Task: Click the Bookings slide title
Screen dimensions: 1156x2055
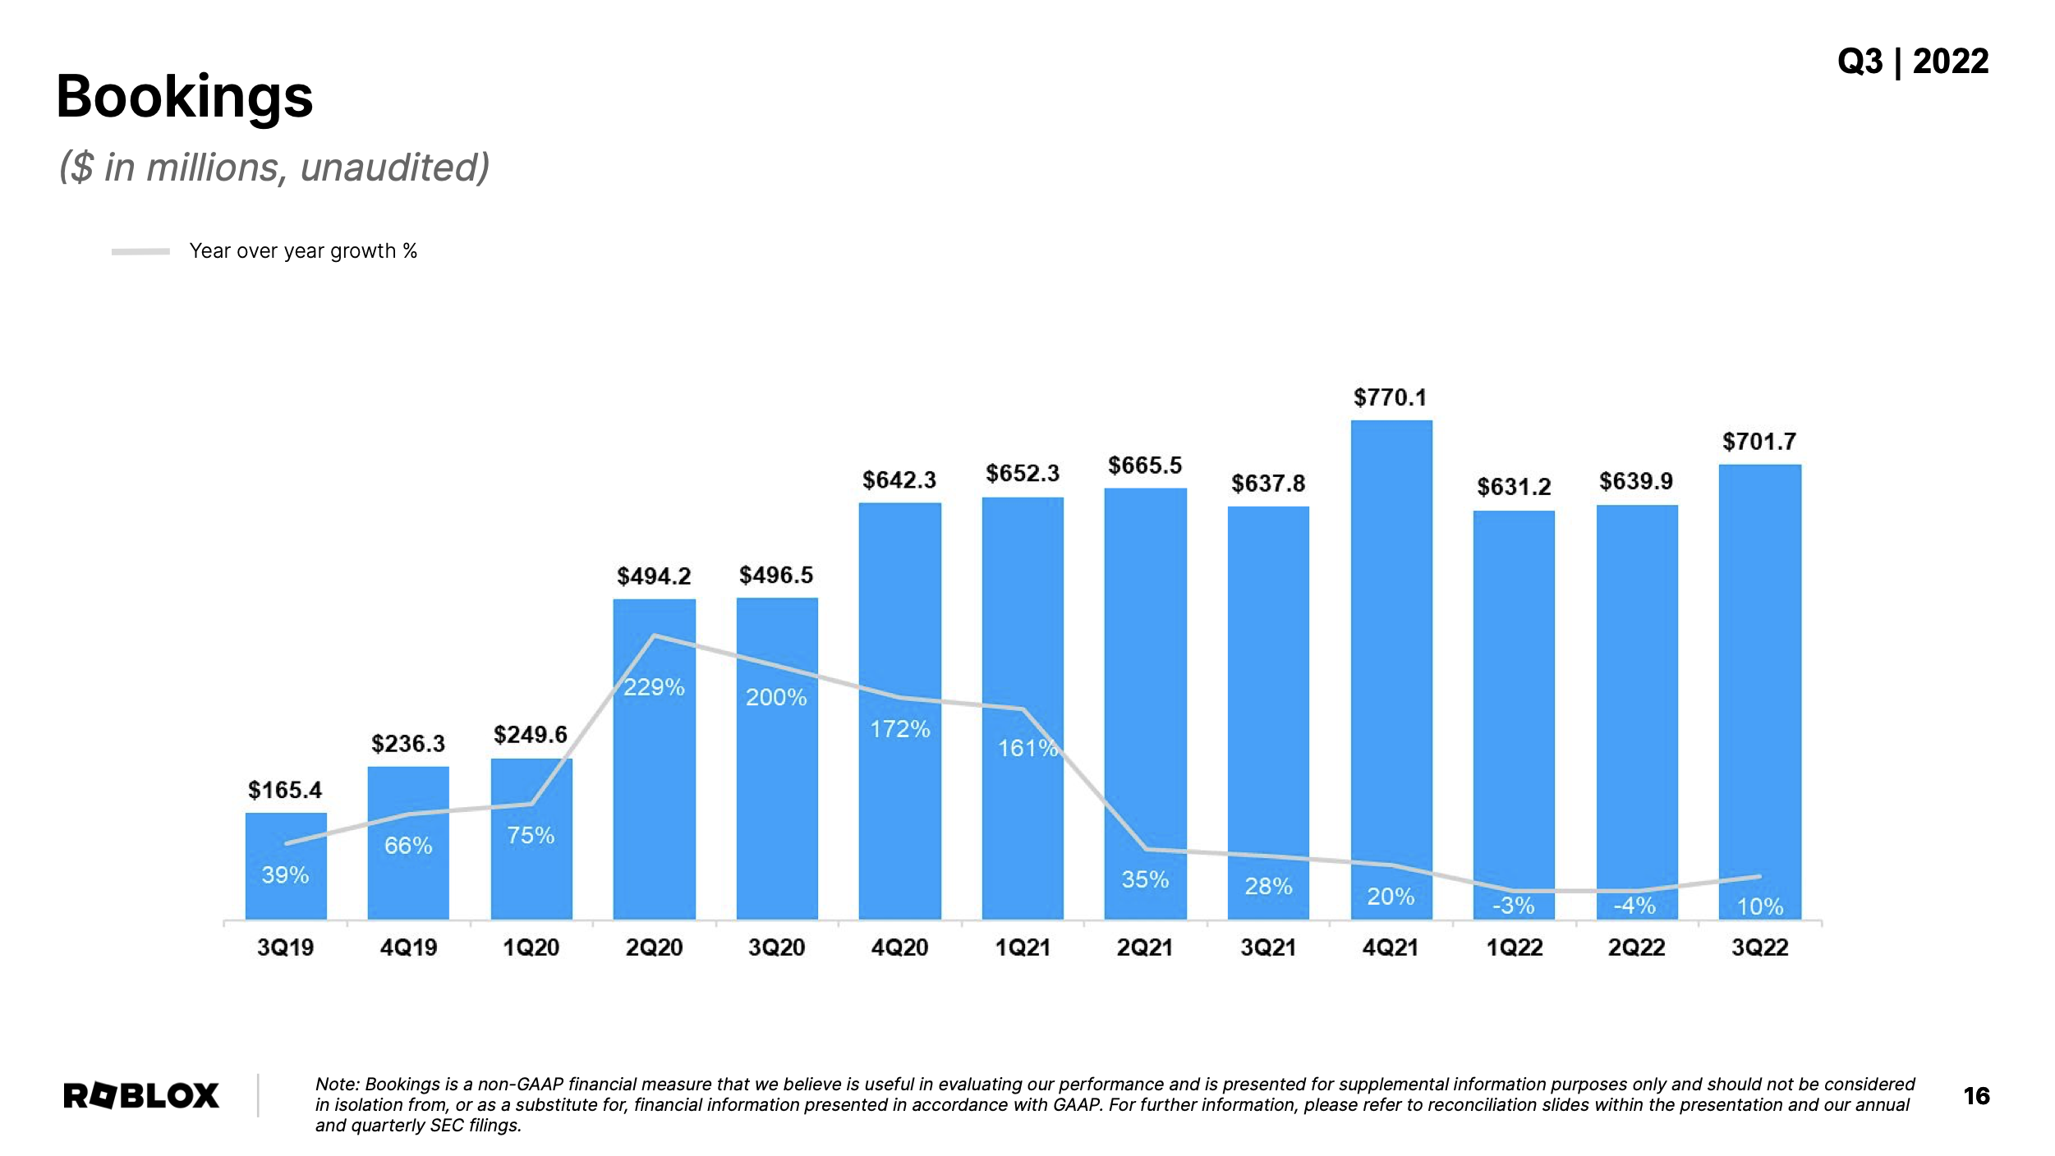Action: [184, 97]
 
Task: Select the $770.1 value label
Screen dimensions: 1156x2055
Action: [1390, 397]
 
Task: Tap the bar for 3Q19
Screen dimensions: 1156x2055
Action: [286, 866]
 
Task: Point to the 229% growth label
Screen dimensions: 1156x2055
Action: [654, 686]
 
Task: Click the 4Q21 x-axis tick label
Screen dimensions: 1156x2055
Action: [1390, 947]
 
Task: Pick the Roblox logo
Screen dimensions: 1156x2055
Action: [141, 1095]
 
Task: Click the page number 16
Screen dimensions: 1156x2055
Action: [1976, 1095]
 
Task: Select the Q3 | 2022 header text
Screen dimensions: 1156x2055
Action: [1912, 62]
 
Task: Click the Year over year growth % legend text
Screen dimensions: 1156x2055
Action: [303, 250]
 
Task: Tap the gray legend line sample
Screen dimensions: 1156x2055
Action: [140, 251]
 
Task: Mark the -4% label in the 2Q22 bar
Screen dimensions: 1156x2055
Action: [1634, 906]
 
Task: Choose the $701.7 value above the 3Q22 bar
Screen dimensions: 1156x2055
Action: [1758, 442]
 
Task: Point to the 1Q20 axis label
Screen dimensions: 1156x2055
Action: [531, 947]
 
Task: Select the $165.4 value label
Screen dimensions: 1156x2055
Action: [285, 790]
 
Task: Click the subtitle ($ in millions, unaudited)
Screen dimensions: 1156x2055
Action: [274, 167]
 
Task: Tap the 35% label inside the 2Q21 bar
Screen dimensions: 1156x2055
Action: [1145, 879]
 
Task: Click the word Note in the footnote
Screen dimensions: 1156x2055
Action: [336, 1084]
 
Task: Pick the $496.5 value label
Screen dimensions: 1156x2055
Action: [775, 575]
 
